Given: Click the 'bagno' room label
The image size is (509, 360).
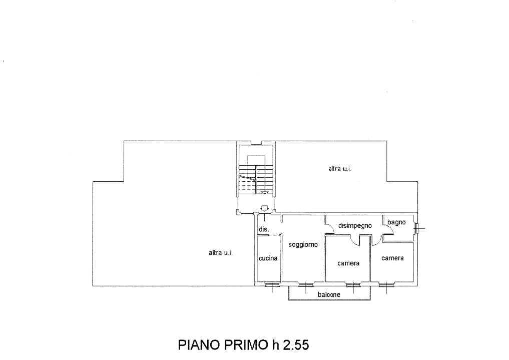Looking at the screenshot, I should [396, 222].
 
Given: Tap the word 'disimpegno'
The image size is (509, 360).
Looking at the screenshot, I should [355, 226].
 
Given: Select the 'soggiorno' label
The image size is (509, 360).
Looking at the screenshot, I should [303, 245].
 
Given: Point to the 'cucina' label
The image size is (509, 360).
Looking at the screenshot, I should [268, 259].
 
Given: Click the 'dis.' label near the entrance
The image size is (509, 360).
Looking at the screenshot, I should [263, 229].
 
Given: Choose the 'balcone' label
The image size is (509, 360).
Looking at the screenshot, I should [329, 295].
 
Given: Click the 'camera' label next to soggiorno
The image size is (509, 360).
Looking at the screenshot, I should [347, 263].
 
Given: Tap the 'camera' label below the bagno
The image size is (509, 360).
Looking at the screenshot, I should [392, 258].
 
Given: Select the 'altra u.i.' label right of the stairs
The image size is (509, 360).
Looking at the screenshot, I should [340, 170].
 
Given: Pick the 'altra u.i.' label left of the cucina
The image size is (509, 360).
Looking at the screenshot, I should [221, 253].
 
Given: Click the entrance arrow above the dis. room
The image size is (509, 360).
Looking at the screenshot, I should [264, 208].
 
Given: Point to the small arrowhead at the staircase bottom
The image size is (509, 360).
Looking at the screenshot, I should [264, 192].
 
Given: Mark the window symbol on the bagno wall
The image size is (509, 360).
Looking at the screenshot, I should [416, 228].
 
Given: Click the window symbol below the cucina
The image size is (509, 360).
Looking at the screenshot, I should [270, 285].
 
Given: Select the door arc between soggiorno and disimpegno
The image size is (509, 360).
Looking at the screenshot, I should [329, 230].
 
